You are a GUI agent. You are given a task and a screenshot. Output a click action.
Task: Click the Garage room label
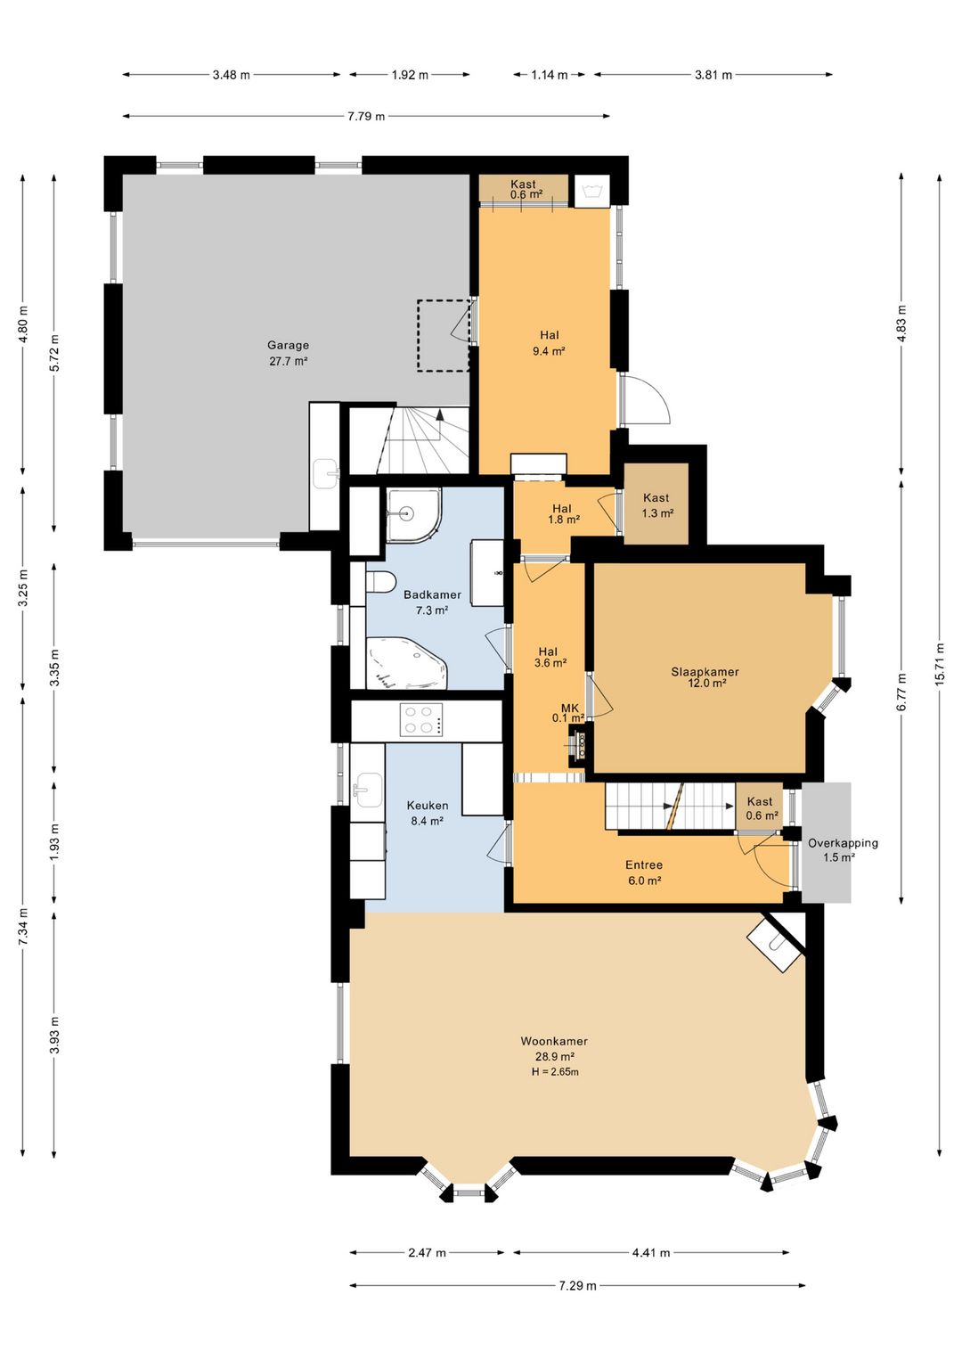pos(289,345)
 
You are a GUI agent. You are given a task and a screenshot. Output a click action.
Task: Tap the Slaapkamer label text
pos(705,672)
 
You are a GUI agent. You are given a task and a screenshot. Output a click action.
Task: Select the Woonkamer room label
pos(554,1041)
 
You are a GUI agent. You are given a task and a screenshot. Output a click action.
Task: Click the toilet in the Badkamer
pos(380,581)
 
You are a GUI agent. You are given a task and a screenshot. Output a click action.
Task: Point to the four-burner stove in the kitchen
pos(420,719)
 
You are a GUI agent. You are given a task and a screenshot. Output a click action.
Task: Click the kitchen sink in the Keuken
pos(368,790)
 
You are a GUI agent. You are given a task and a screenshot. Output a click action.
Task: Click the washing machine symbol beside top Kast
pos(591,192)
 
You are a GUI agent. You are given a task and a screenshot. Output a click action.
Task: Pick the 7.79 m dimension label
pos(366,116)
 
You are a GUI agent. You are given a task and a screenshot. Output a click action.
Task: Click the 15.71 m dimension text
pos(940,664)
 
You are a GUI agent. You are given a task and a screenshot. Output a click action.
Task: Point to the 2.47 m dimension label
pos(428,1252)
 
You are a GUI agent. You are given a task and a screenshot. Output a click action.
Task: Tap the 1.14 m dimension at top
pos(550,75)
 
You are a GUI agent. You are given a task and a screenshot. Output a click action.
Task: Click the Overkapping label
pos(843,843)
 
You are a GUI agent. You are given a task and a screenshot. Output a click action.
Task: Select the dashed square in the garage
pos(444,335)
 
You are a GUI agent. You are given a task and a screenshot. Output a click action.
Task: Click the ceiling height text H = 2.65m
pos(555,1072)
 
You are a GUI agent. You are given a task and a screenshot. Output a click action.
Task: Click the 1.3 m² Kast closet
pos(657,504)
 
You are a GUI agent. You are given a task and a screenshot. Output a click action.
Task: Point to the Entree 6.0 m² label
pos(644,873)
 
